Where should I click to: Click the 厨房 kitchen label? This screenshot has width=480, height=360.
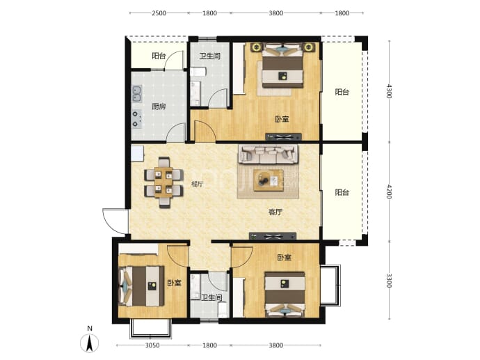click(159, 107)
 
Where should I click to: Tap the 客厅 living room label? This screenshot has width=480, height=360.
click(275, 212)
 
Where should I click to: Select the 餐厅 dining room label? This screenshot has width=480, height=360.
click(197, 184)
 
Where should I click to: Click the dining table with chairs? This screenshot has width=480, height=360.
click(163, 182)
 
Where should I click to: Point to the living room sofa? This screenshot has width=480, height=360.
click(268, 154)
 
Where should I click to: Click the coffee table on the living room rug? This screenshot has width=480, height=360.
click(268, 180)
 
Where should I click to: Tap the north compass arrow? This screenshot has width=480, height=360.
click(89, 343)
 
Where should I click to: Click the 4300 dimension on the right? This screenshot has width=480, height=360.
click(389, 91)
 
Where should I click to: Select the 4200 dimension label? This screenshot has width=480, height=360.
click(389, 191)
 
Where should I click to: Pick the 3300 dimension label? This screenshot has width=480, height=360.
click(389, 281)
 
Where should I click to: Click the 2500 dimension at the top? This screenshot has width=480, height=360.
click(159, 13)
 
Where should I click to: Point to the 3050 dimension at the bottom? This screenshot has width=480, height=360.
click(152, 345)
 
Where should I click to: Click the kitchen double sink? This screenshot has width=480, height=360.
click(136, 94)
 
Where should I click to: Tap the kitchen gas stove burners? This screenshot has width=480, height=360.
click(136, 119)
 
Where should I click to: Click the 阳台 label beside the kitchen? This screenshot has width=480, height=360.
click(159, 56)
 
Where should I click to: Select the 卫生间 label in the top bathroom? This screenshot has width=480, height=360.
click(210, 56)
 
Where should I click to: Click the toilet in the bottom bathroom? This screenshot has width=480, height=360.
click(222, 309)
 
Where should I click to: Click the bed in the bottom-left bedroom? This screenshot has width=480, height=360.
click(141, 286)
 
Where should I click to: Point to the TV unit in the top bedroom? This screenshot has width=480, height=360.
click(283, 137)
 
